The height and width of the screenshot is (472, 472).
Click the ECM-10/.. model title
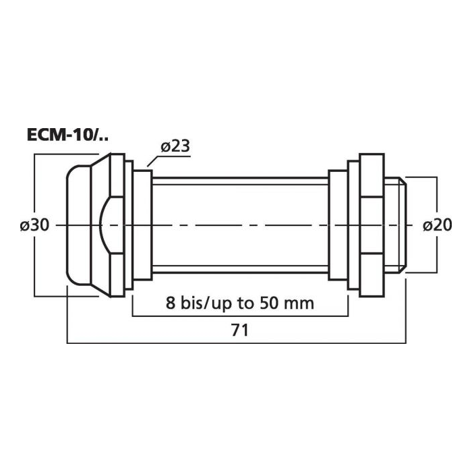coord(67,135)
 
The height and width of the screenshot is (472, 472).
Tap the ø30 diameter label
coord(34,225)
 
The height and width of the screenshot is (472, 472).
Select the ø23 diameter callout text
coord(175,146)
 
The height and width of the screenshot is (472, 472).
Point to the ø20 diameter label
coord(438,225)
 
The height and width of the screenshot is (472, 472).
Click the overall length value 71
coord(240,330)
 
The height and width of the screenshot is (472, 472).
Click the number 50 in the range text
coord(269,303)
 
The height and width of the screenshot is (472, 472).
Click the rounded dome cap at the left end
coord(79,225)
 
